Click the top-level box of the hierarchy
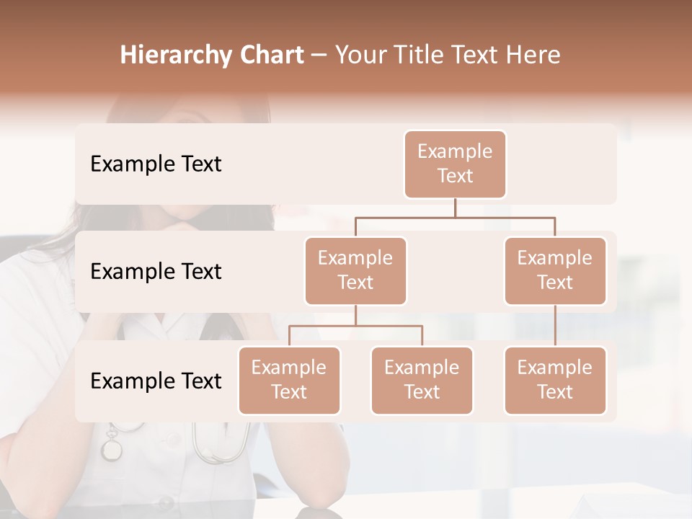[x=455, y=164]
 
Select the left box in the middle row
[x=355, y=270]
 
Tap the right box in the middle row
[x=555, y=270]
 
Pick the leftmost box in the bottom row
[x=289, y=380]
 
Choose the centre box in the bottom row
[x=422, y=380]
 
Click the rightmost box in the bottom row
[x=555, y=380]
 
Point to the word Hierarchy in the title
[x=176, y=56]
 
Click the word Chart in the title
[x=271, y=56]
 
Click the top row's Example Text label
[x=156, y=164]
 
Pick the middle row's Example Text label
[x=156, y=271]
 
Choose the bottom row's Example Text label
[x=156, y=381]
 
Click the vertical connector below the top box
[x=455, y=208]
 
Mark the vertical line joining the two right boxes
[x=555, y=326]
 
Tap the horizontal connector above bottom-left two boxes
[x=355, y=326]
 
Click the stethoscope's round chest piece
[x=112, y=448]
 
